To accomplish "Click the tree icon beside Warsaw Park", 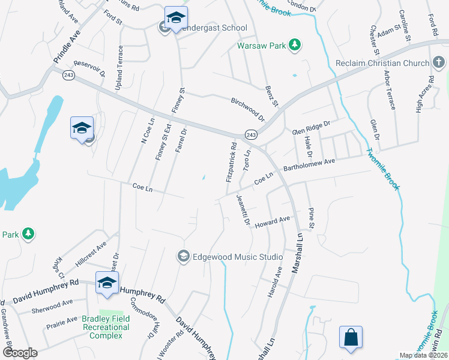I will coord(294,45).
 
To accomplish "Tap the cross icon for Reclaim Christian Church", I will coord(439,64).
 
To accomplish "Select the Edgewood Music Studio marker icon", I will coord(183,257).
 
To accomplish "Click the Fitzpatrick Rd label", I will coord(231,162).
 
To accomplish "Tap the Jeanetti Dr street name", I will coord(243,209).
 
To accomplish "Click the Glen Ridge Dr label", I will coord(311,127).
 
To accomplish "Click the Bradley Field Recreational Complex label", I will coord(106,327).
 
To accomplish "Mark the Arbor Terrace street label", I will coord(388,93).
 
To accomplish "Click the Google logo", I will coord(20,353).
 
